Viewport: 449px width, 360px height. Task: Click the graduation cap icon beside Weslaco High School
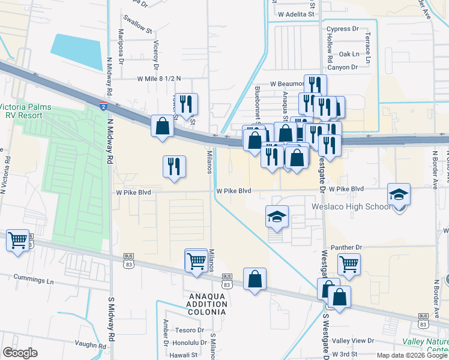(399, 196)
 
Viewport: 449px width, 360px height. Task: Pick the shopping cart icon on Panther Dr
(348, 263)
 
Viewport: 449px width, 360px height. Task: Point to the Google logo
(20, 353)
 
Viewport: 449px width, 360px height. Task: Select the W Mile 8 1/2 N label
(158, 79)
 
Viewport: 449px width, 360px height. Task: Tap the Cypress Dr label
(342, 29)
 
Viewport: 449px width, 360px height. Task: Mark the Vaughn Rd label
(91, 344)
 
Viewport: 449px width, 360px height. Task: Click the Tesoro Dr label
(191, 330)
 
